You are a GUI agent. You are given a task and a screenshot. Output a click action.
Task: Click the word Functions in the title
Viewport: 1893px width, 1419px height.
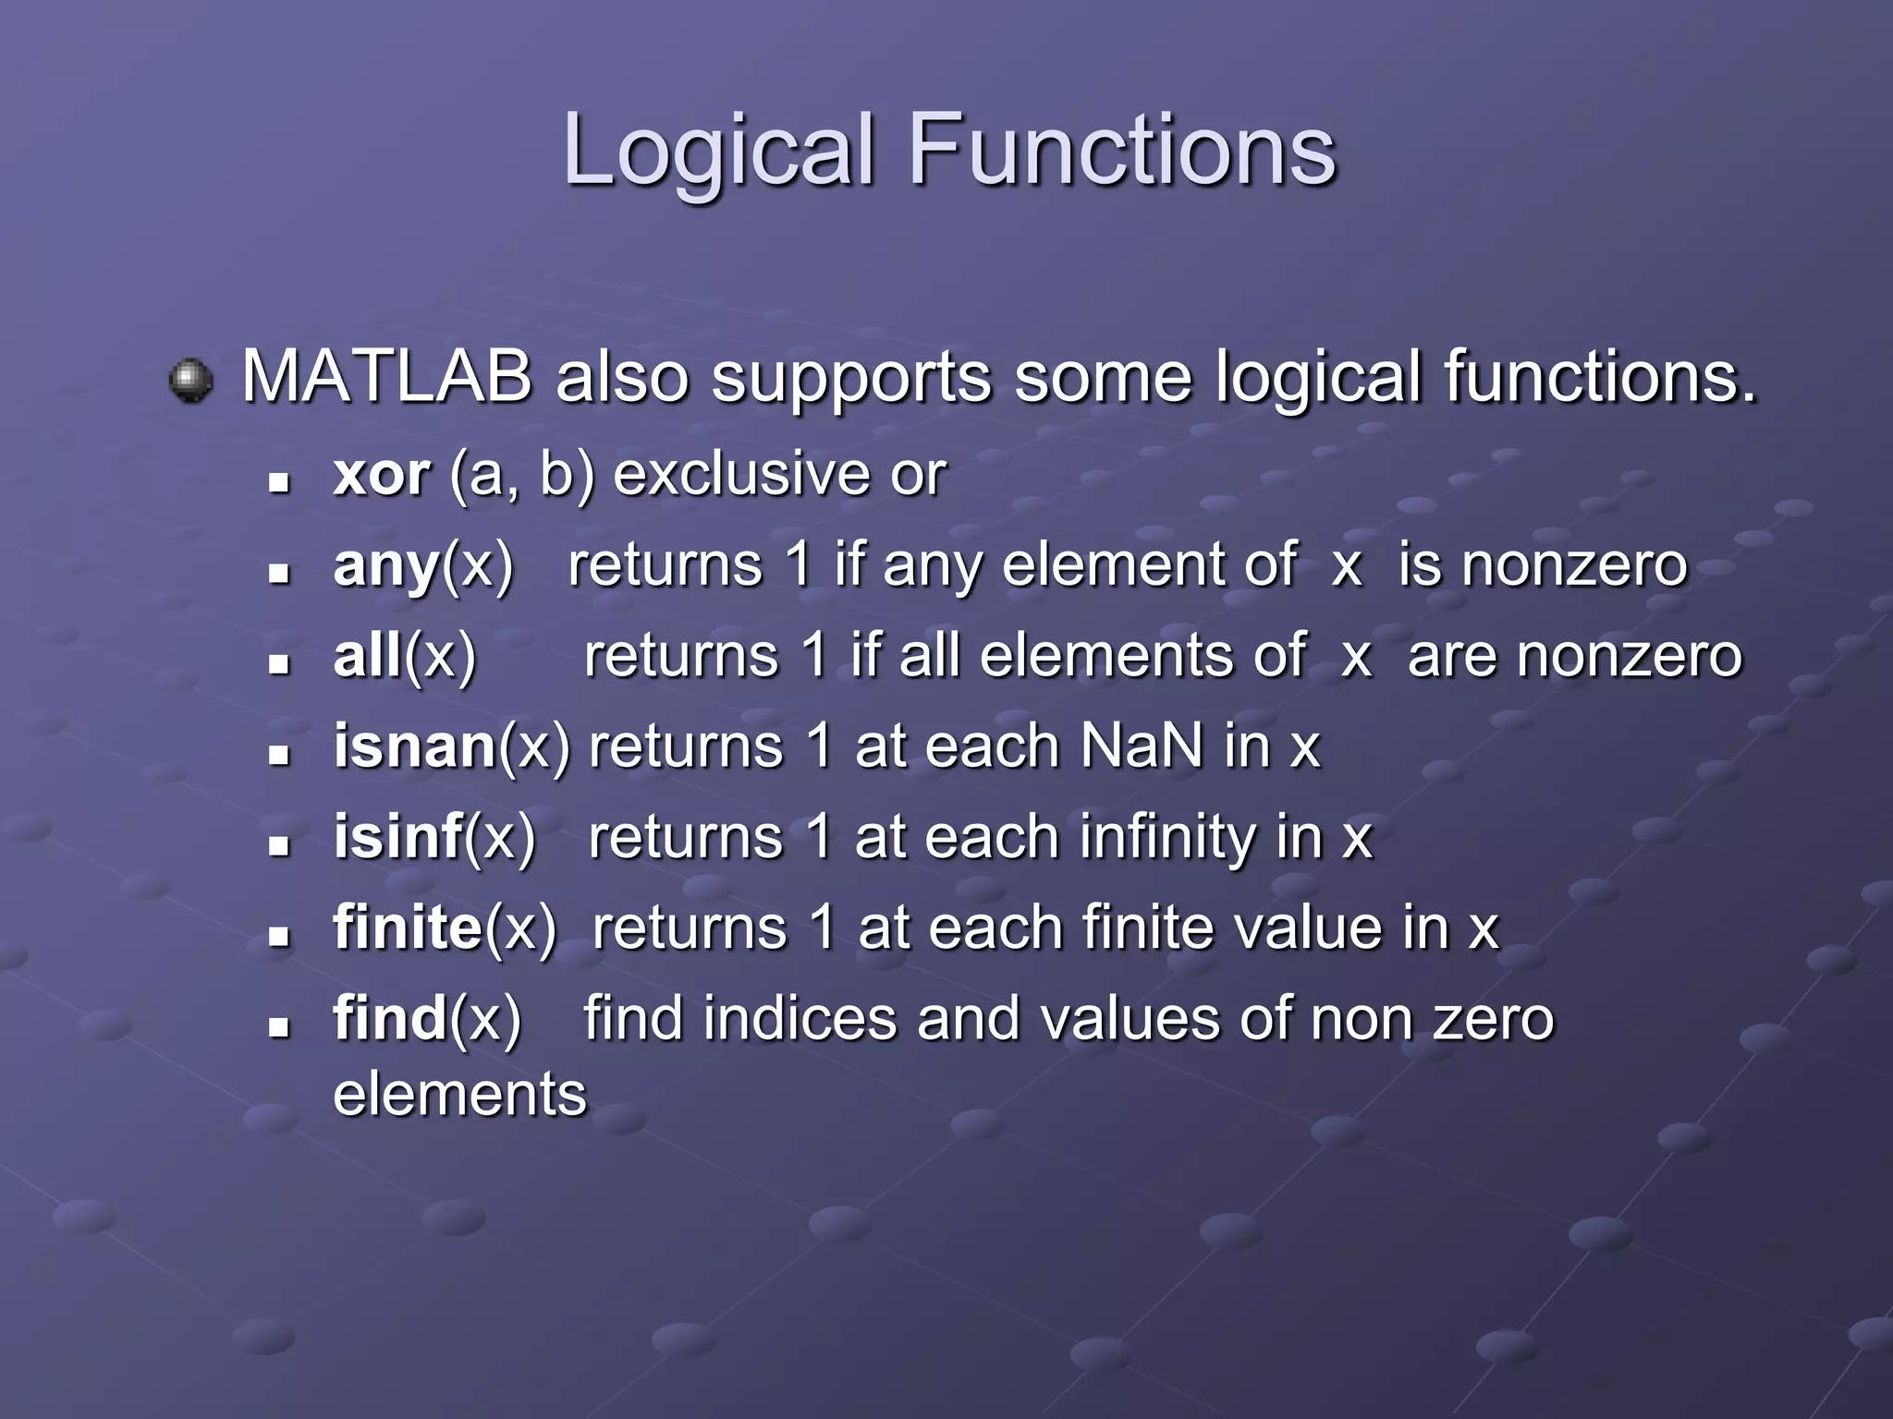click(x=1122, y=151)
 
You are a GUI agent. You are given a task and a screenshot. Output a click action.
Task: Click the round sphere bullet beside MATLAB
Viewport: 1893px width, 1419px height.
click(x=191, y=380)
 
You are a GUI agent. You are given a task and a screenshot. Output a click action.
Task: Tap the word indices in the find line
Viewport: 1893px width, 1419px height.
click(x=800, y=1018)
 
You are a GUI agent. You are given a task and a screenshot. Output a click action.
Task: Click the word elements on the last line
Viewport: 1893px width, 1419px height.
click(x=459, y=1094)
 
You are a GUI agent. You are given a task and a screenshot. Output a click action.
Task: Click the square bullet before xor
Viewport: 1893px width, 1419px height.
click(x=278, y=482)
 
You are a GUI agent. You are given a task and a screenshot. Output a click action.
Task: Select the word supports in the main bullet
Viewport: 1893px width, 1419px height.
click(x=850, y=379)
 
